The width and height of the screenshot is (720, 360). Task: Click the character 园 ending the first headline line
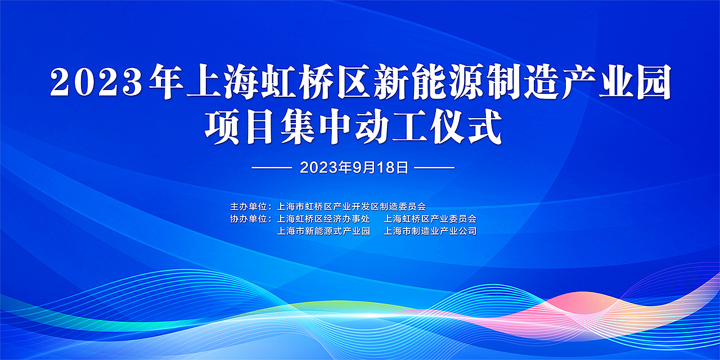[x=652, y=83]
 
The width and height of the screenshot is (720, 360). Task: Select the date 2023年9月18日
[x=354, y=168]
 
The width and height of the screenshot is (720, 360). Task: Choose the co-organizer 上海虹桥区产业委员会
[x=430, y=218]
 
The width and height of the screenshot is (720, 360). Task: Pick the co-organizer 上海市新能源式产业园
[x=323, y=231]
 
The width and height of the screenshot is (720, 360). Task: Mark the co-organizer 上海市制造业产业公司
[x=430, y=231]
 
